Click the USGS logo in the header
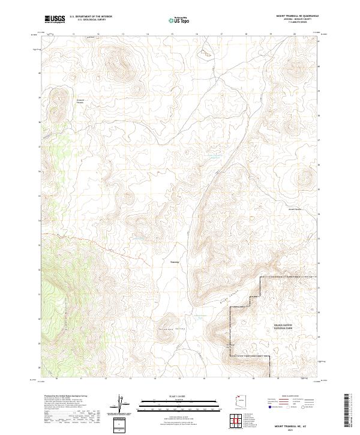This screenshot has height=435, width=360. click(55, 19)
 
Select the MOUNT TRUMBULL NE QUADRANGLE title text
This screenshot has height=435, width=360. click(298, 16)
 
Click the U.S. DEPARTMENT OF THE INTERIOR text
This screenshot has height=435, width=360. click(91, 17)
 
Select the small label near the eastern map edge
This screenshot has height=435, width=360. click(294, 209)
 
